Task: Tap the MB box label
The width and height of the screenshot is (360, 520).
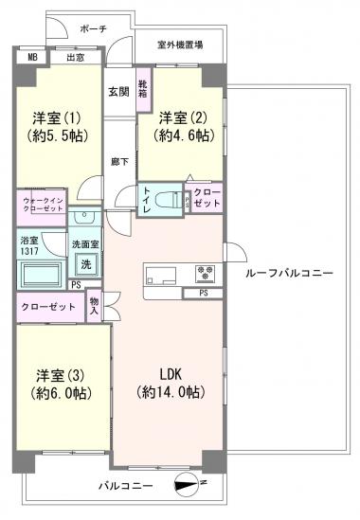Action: click(x=32, y=57)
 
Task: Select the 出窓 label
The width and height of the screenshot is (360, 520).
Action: click(x=76, y=57)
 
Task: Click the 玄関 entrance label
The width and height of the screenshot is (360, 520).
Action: click(x=118, y=92)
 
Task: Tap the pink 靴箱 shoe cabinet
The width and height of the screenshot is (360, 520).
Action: click(x=143, y=89)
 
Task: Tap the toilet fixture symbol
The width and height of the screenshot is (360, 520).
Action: click(x=171, y=201)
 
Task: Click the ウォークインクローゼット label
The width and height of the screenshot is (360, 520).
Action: click(x=41, y=205)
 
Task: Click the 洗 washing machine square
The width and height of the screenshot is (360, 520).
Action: click(x=86, y=262)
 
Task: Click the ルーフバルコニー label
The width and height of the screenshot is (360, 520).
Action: click(x=289, y=273)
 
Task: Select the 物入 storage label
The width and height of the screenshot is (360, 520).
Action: click(x=95, y=305)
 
